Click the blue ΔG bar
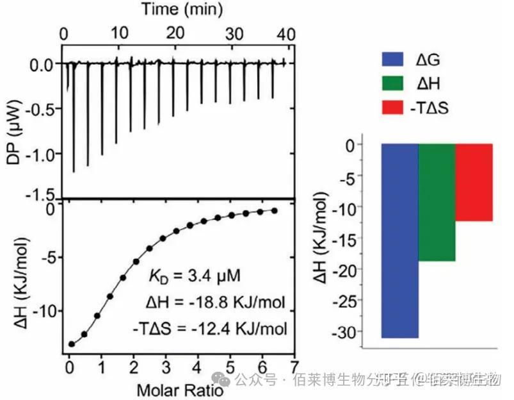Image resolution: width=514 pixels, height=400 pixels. [400, 240]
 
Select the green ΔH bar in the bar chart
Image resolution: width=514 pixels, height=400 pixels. [437, 202]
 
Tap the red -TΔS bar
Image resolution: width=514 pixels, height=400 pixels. [474, 182]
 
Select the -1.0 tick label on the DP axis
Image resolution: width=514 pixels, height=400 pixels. [42, 153]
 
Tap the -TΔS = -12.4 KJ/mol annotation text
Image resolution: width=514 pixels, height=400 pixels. [213, 328]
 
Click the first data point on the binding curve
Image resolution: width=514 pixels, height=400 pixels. [72, 344]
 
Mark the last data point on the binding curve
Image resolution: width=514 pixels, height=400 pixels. [275, 211]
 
